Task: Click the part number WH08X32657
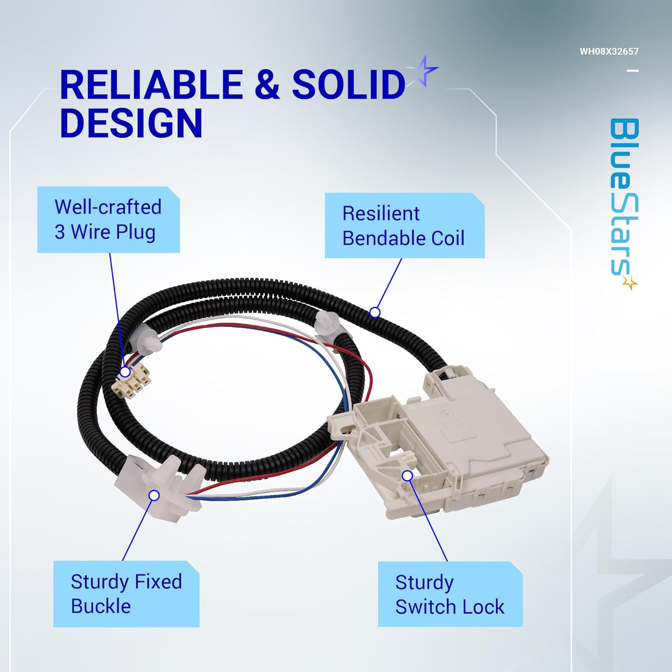[609, 52]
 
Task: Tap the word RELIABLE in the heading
[150, 85]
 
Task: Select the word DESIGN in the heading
[130, 123]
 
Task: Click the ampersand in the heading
[266, 85]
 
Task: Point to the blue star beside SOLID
[422, 71]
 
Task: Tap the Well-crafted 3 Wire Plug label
[108, 220]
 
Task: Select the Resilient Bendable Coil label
[404, 226]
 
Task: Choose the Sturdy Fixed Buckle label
[126, 594]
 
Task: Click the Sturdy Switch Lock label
[450, 594]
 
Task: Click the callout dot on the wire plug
[125, 371]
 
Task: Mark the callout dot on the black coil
[375, 312]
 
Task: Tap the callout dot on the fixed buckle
[155, 495]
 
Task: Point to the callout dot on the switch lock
[408, 475]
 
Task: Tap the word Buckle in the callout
[101, 606]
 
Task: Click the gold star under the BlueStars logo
[630, 283]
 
